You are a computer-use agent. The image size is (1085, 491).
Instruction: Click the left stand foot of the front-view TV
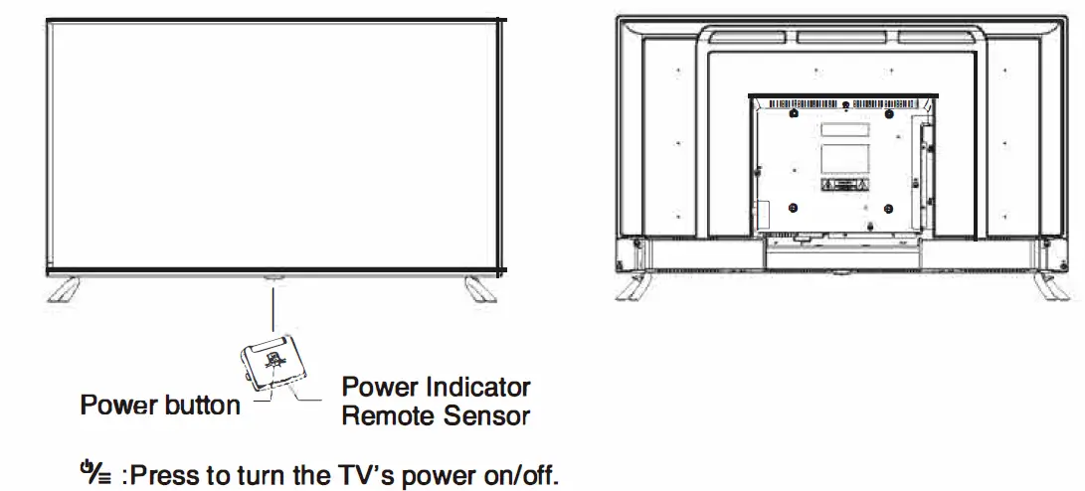[65, 288]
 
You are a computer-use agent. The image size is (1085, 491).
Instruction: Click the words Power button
[160, 406]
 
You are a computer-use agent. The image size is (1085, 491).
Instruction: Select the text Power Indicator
[436, 387]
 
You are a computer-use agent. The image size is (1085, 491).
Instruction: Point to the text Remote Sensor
[436, 415]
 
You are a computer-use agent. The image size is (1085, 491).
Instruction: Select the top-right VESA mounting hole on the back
[887, 113]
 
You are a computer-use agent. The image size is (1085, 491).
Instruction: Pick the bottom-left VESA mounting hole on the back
[793, 208]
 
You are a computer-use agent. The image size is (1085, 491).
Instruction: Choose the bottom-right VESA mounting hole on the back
[887, 208]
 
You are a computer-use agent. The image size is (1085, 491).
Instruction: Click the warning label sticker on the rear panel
[841, 186]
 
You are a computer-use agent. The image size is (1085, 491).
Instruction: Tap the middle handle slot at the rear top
[841, 38]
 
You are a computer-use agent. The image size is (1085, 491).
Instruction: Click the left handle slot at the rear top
[748, 38]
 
